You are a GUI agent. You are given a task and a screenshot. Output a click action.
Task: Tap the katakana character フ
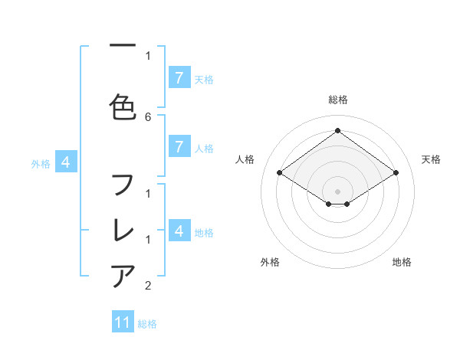pyautogui.click(x=123, y=185)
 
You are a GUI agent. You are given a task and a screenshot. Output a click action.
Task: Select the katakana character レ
pyautogui.click(x=123, y=230)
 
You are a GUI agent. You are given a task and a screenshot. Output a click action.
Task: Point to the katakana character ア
pyautogui.click(x=123, y=275)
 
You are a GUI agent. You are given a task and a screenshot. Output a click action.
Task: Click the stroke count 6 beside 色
pyautogui.click(x=148, y=116)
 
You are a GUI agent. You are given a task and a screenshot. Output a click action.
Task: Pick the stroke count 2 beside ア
pyautogui.click(x=148, y=286)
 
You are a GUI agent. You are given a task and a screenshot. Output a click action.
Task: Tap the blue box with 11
pyautogui.click(x=123, y=322)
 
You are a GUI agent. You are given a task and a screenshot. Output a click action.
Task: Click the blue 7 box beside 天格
pyautogui.click(x=179, y=78)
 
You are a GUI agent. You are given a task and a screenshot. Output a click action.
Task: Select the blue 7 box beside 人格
pyautogui.click(x=179, y=147)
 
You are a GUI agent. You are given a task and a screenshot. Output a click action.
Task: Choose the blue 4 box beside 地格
pyautogui.click(x=179, y=231)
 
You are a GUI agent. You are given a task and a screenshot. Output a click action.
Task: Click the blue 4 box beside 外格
pyautogui.click(x=66, y=162)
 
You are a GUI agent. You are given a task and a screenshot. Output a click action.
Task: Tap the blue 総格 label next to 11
pyautogui.click(x=147, y=324)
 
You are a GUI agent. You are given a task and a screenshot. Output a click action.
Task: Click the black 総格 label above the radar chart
pyautogui.click(x=338, y=100)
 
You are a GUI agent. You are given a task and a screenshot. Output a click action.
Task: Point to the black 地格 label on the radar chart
pyautogui.click(x=402, y=262)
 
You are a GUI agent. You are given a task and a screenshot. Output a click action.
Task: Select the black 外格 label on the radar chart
pyautogui.click(x=270, y=262)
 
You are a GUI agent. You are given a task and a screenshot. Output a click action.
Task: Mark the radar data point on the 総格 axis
pyautogui.click(x=337, y=131)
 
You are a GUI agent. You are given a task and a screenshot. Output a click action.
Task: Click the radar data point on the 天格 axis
pyautogui.click(x=396, y=173)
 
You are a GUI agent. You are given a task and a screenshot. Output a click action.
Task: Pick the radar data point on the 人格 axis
pyautogui.click(x=279, y=173)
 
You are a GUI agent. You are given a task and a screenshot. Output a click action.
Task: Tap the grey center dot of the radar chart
pyautogui.click(x=337, y=191)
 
